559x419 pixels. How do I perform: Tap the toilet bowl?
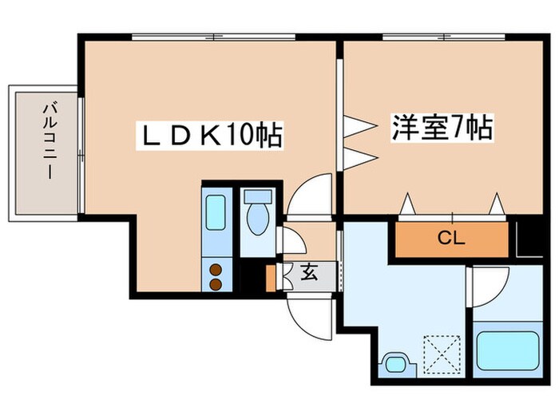(257, 221)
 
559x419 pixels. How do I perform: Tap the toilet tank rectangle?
(257, 196)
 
